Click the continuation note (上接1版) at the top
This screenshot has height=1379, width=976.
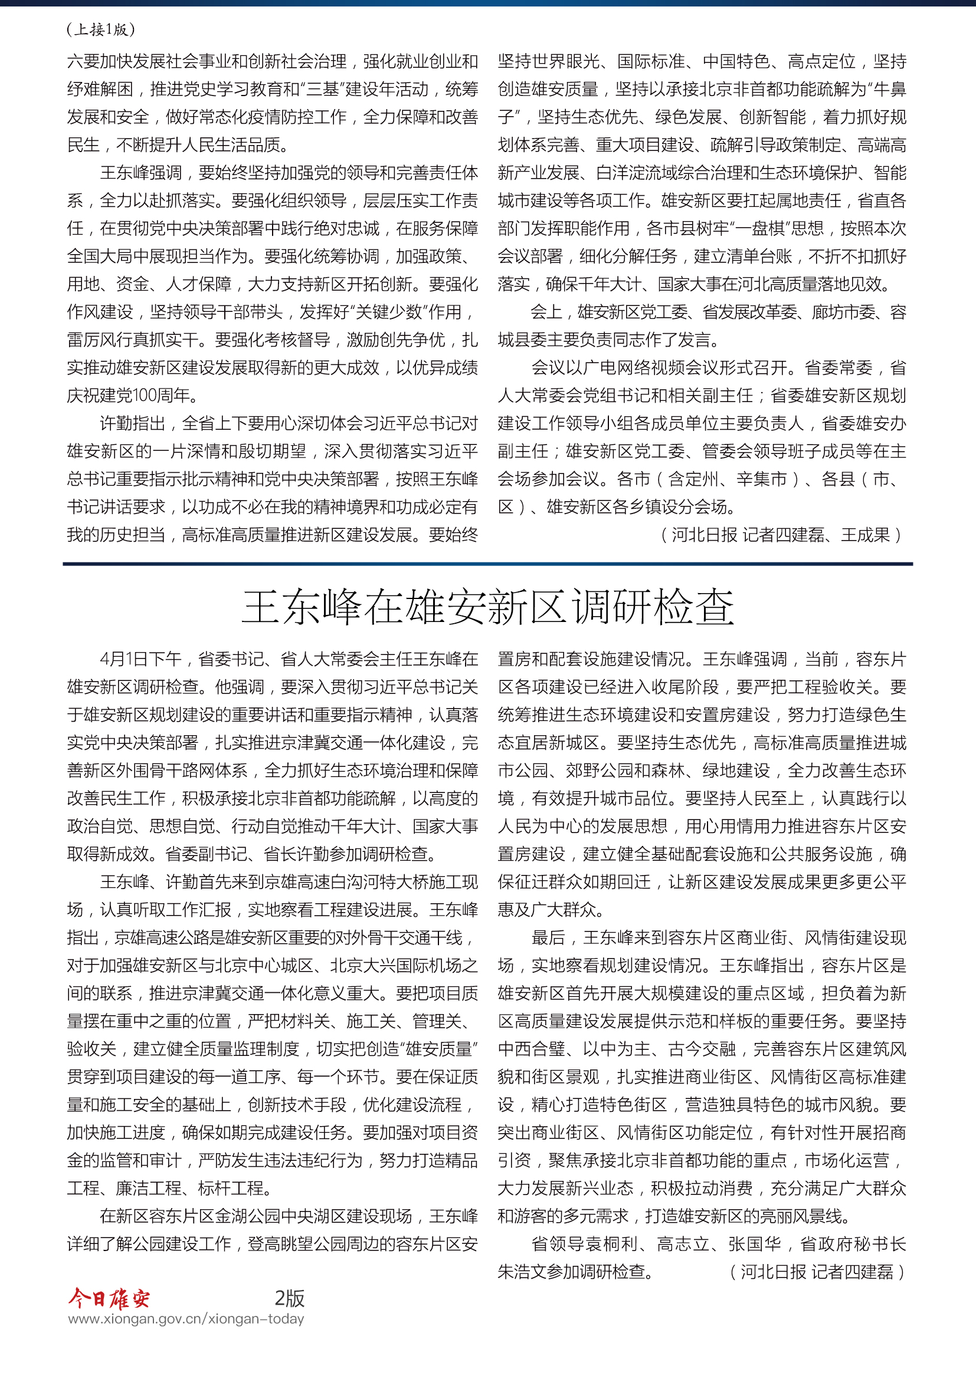coord(100,29)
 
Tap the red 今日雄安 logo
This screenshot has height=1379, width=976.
coord(109,1298)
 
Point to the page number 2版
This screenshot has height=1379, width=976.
coord(289,1298)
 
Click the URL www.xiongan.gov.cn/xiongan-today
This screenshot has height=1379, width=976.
coord(186,1319)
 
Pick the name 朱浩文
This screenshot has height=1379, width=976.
coord(522,1272)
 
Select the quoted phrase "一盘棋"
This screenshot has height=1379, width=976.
coord(785,228)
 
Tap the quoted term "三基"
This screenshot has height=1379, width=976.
coord(323,90)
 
